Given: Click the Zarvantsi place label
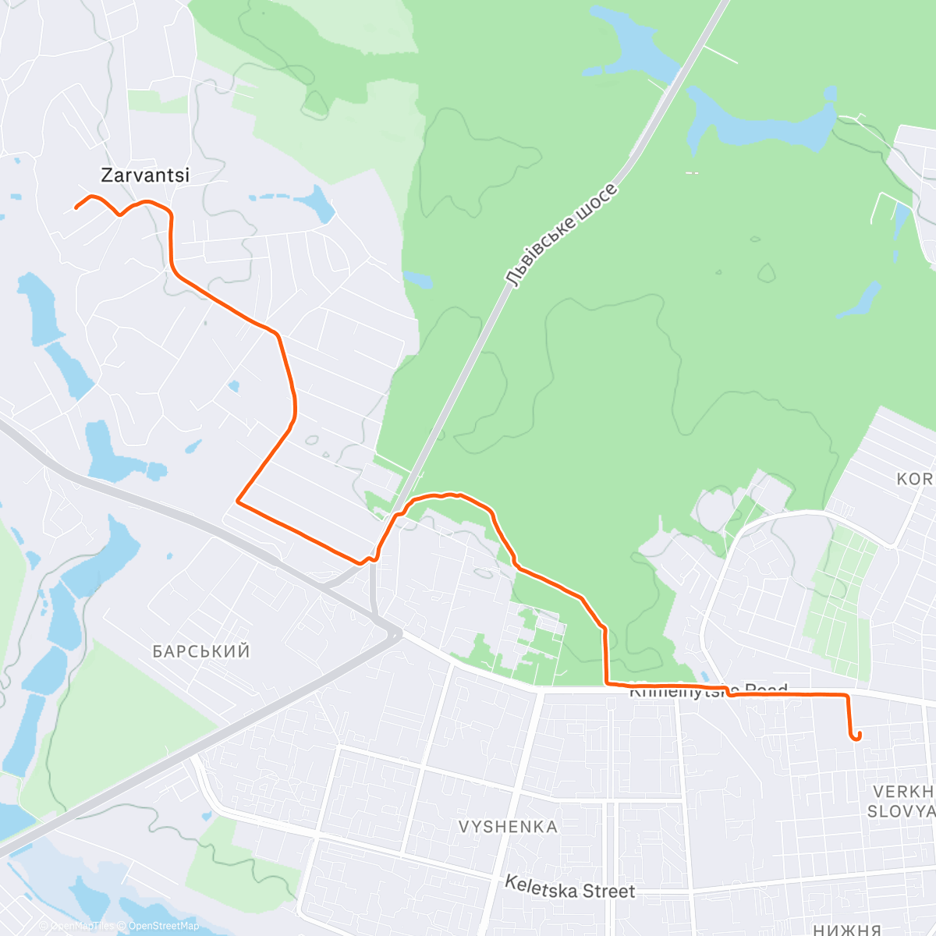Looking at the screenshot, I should pos(145,175).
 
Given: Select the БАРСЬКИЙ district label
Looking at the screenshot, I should pos(201,651).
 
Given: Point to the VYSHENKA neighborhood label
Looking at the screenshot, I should pos(508,827).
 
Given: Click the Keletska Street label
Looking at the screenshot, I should pos(569,887).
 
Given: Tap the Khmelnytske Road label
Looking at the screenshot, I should pos(708,690).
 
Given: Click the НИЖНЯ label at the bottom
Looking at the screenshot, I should pos(846,929).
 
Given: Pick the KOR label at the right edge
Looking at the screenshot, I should pos(915,479).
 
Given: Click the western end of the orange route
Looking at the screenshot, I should pos(76,208).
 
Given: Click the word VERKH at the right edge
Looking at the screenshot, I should pos(903,792).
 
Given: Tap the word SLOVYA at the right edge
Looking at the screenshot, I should pos(901,812).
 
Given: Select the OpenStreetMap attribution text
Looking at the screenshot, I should pos(164,926).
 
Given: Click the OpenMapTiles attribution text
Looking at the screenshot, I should pos(82,926).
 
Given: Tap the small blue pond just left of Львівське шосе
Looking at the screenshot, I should pos(417,280).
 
